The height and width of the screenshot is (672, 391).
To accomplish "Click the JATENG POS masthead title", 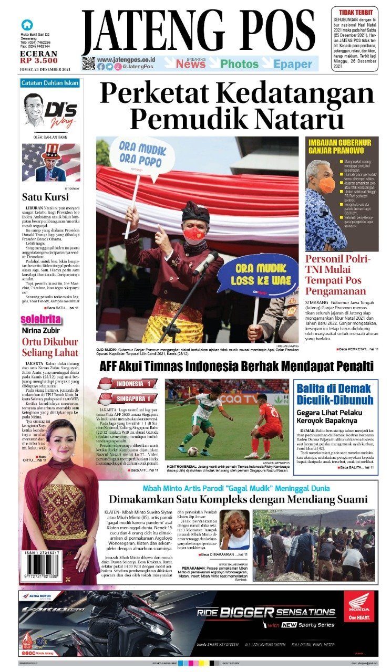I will [200, 33].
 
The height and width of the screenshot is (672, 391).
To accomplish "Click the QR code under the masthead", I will [88, 64].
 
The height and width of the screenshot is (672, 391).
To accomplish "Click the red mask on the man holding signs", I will [194, 233].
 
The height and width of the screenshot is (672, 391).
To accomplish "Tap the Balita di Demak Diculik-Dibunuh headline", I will [335, 395].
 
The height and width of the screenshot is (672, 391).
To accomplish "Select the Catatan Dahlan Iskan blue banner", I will [50, 83].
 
